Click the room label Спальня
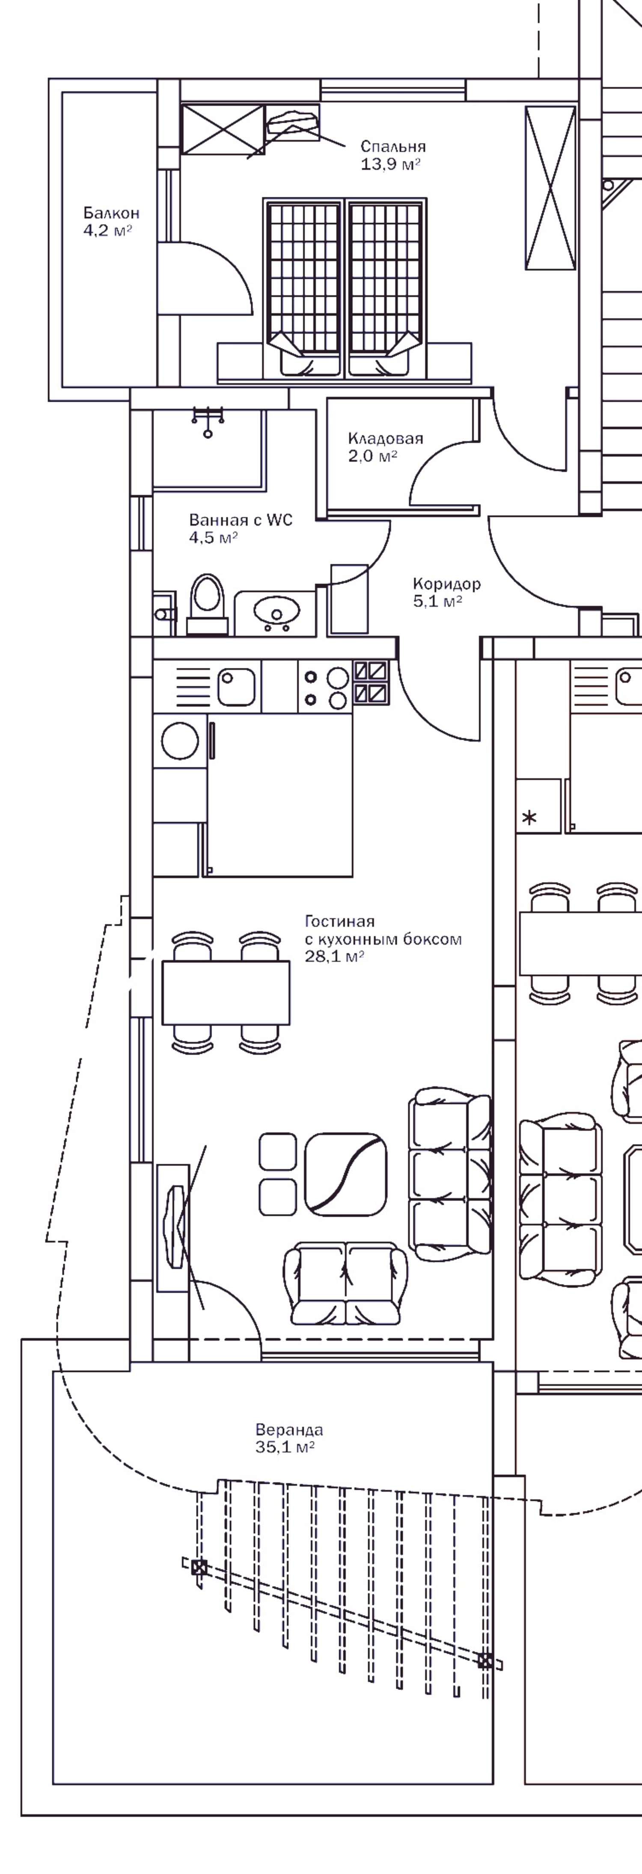393,147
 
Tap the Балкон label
111,213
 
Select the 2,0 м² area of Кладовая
373,456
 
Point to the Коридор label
446,584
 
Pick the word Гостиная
339,922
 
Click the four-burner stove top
325,688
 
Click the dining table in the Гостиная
226,992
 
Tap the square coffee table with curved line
346,1174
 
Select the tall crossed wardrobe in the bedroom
550,188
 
